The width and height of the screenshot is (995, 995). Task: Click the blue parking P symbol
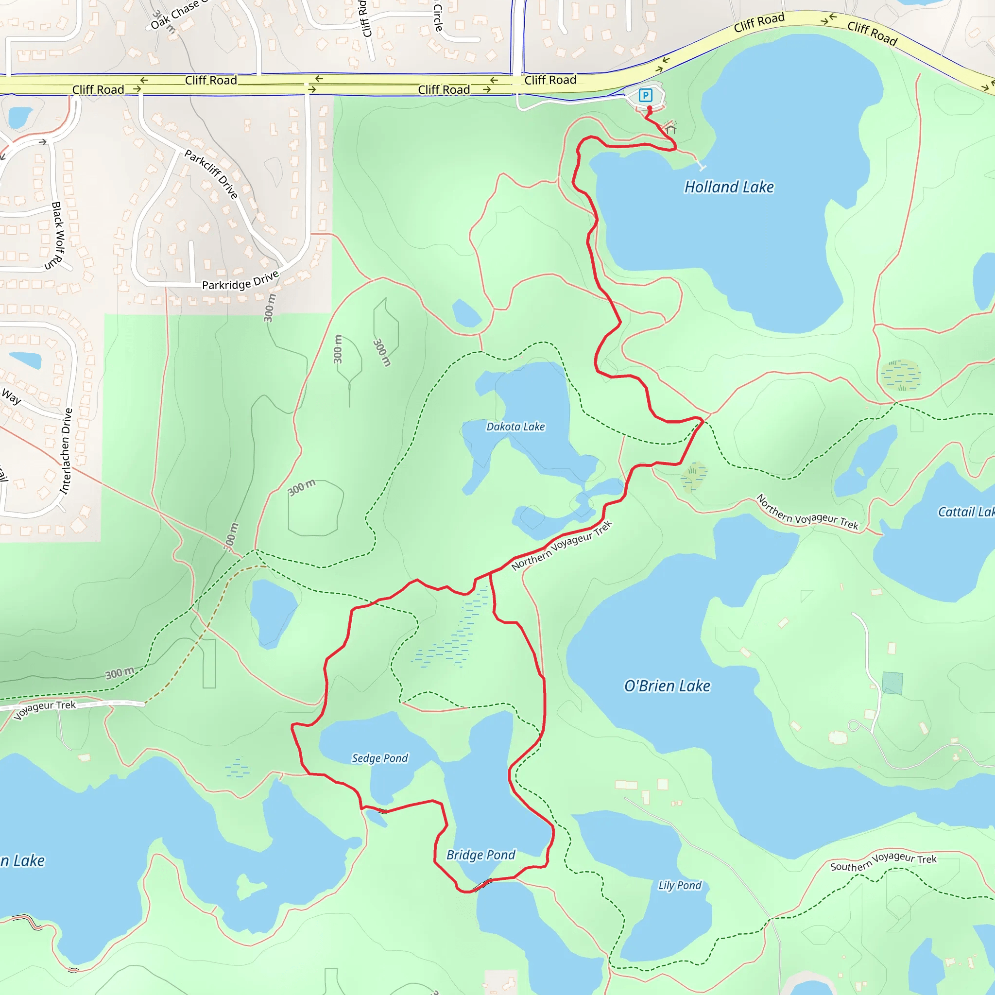coord(645,95)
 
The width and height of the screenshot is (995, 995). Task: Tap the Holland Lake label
coord(729,187)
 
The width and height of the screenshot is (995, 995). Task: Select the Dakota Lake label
coord(515,427)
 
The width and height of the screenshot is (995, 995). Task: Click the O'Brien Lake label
coord(667,686)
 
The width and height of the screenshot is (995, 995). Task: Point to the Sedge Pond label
coord(379,758)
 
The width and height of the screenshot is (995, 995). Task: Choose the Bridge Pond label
coord(480,855)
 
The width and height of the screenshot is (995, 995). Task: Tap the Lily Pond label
coord(680,885)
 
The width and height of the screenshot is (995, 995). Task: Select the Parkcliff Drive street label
coord(211,174)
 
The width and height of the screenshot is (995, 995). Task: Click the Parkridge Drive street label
coord(240,280)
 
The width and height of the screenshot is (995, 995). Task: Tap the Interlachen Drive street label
coord(66,451)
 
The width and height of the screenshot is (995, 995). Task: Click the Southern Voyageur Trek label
coord(883,861)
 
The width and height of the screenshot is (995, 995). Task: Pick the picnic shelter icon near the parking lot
coord(670,127)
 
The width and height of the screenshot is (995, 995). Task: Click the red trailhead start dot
coord(650,109)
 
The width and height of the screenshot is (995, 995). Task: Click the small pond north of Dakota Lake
coord(466,313)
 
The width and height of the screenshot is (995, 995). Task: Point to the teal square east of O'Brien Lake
coord(892,683)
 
